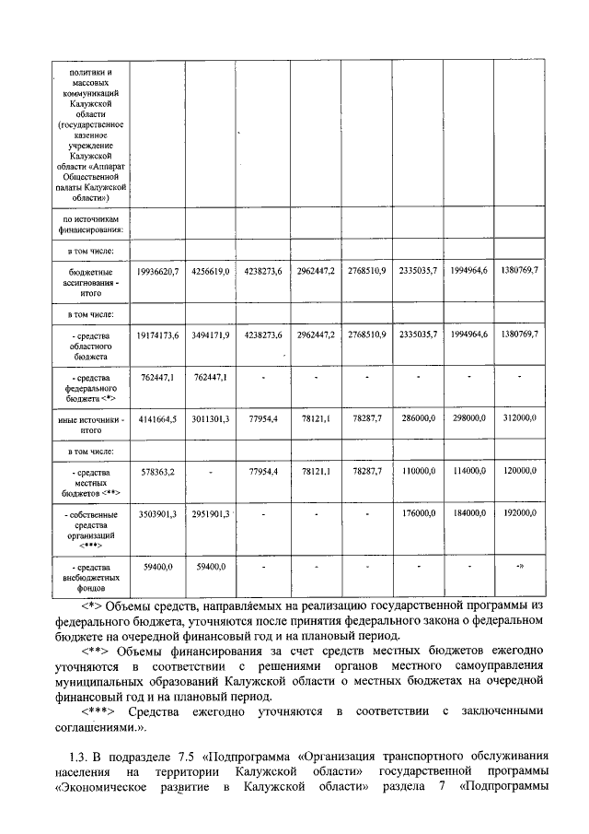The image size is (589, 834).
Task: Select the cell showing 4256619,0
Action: click(210, 271)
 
